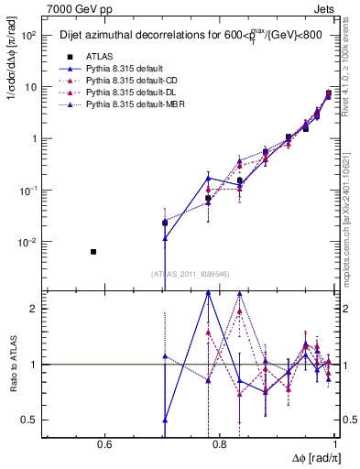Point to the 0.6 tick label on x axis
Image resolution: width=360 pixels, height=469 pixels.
pyautogui.click(x=104, y=446)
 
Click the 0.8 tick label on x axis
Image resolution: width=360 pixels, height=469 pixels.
pyautogui.click(x=221, y=446)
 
